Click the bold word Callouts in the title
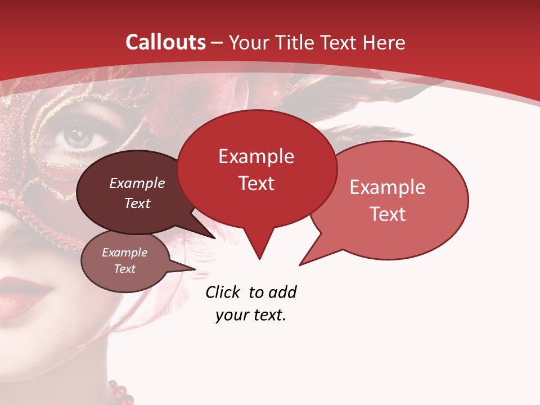click(165, 42)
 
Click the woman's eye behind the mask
click(79, 137)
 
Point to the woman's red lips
click(22, 295)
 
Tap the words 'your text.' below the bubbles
click(251, 316)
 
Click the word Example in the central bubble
click(256, 156)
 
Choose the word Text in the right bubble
click(388, 214)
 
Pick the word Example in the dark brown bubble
click(137, 183)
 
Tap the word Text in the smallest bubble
click(124, 269)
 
